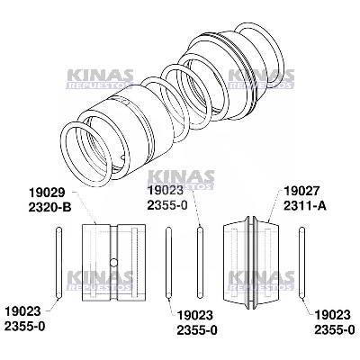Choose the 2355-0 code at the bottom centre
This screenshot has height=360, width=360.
(x=197, y=329)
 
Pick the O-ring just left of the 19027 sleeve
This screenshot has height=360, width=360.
(x=201, y=262)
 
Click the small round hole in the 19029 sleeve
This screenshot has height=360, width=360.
(x=112, y=262)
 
